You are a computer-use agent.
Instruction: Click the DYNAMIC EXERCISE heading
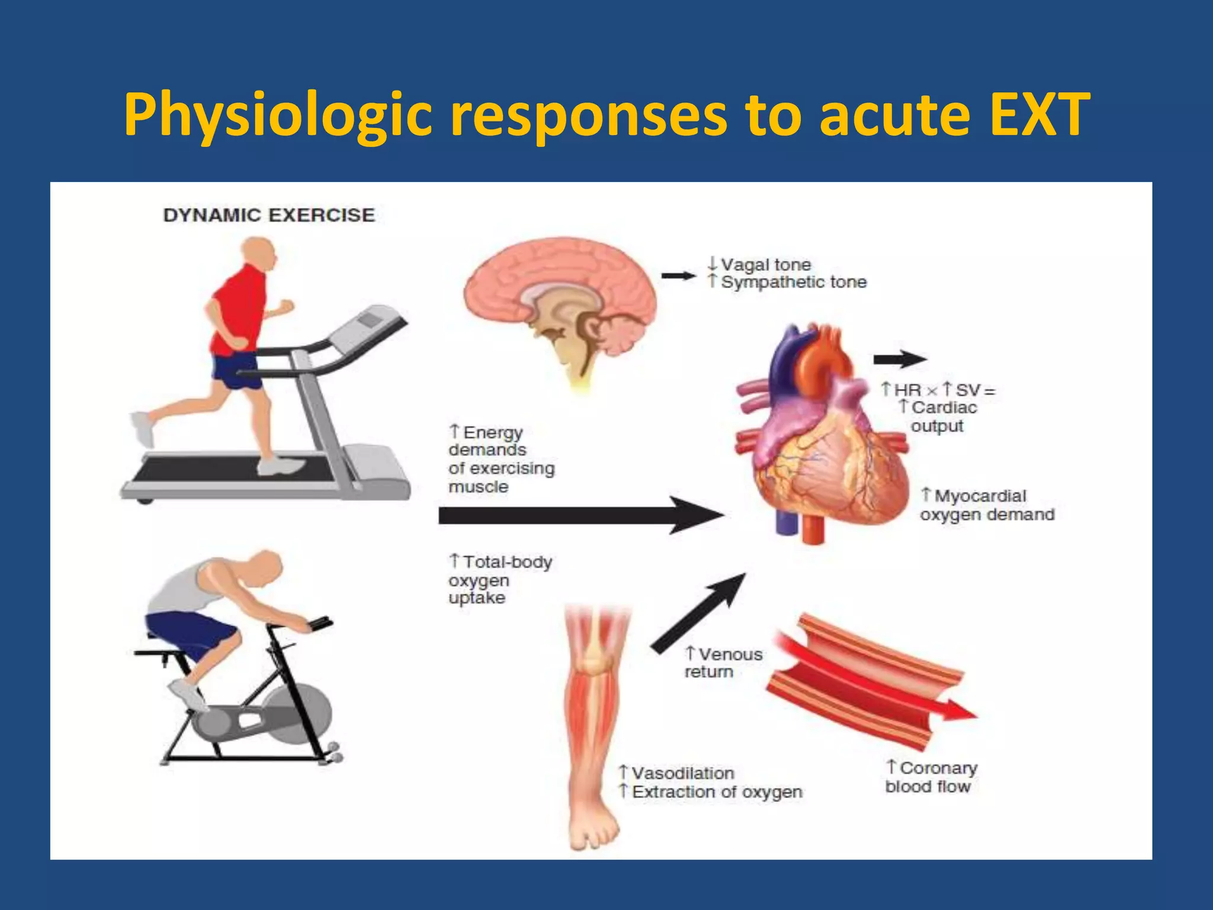coord(269,215)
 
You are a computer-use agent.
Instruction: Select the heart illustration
coord(823,438)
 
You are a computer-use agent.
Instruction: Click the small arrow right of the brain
coord(678,275)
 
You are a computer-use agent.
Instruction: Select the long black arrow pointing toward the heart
coord(580,515)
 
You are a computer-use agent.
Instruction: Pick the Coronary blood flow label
coord(931,777)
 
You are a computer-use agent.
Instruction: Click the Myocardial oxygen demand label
coord(987,505)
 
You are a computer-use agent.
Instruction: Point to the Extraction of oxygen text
coord(717,792)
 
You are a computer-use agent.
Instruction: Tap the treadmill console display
coord(370,321)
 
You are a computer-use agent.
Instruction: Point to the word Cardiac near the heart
coord(944,408)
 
